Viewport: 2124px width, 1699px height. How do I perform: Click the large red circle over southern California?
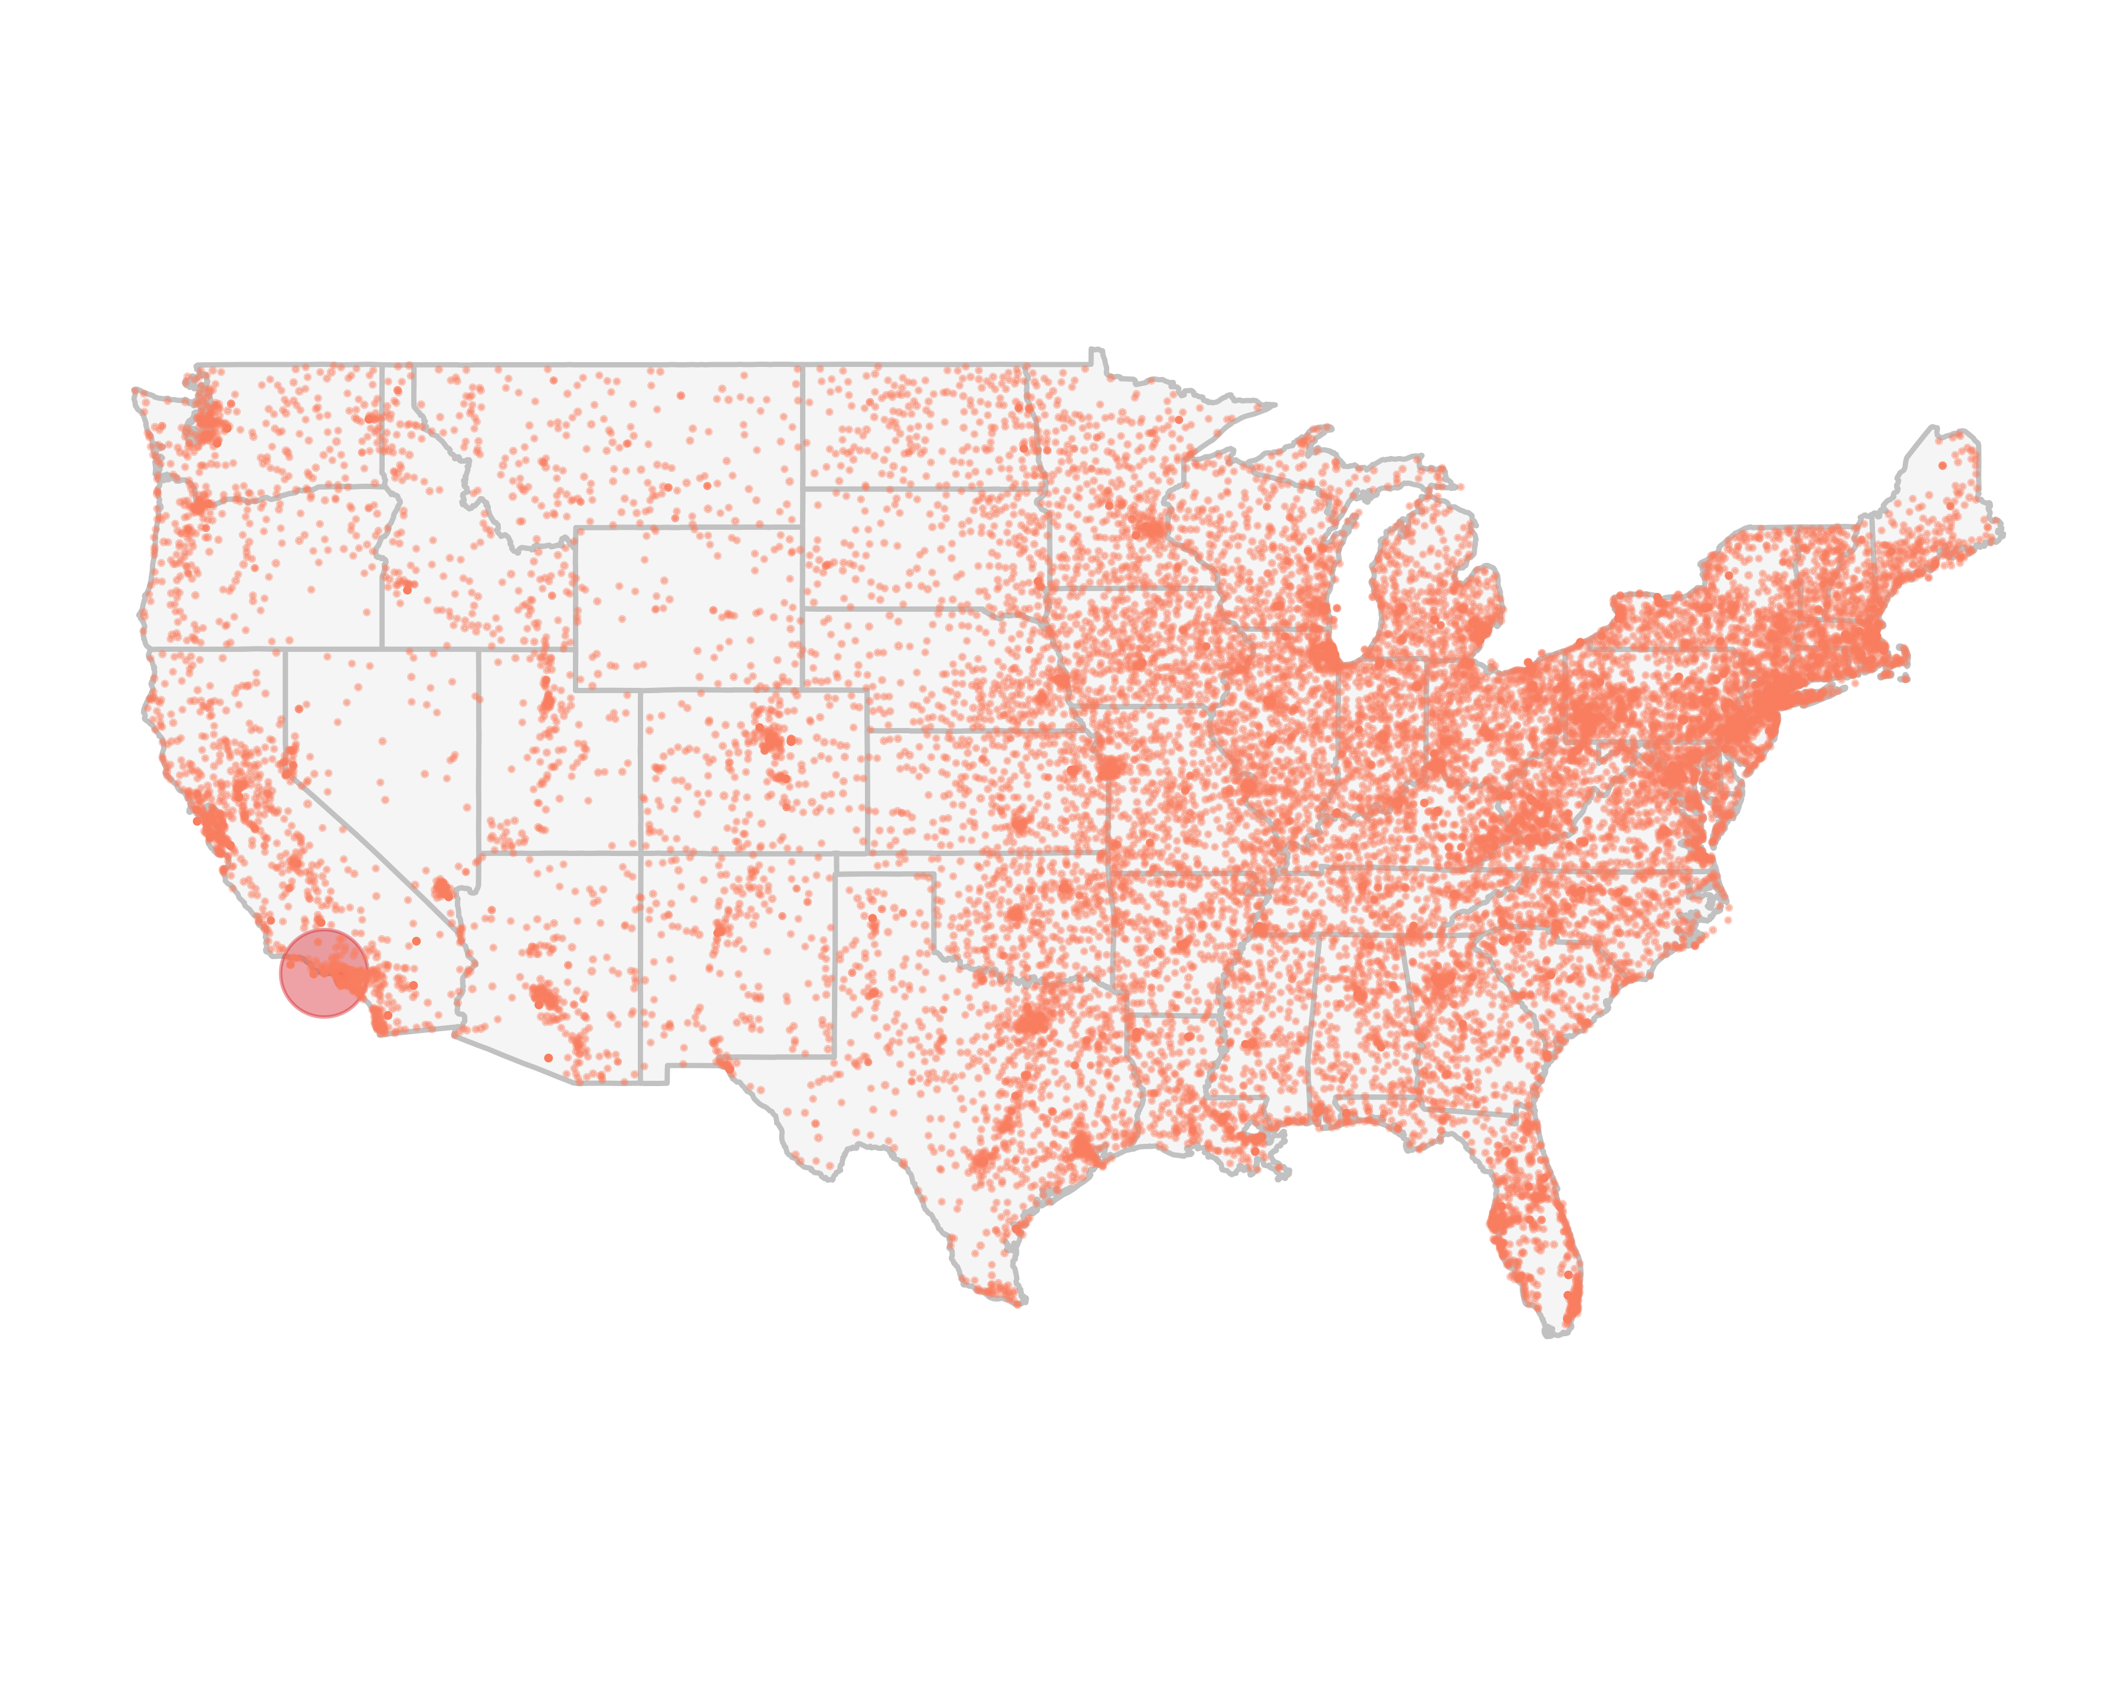[x=323, y=973]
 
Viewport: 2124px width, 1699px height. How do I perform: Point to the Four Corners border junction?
[x=640, y=853]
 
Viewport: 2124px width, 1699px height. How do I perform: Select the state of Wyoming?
[x=687, y=608]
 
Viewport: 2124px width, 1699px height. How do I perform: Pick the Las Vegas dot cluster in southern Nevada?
[x=443, y=890]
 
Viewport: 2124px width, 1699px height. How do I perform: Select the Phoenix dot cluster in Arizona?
[x=544, y=1001]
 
